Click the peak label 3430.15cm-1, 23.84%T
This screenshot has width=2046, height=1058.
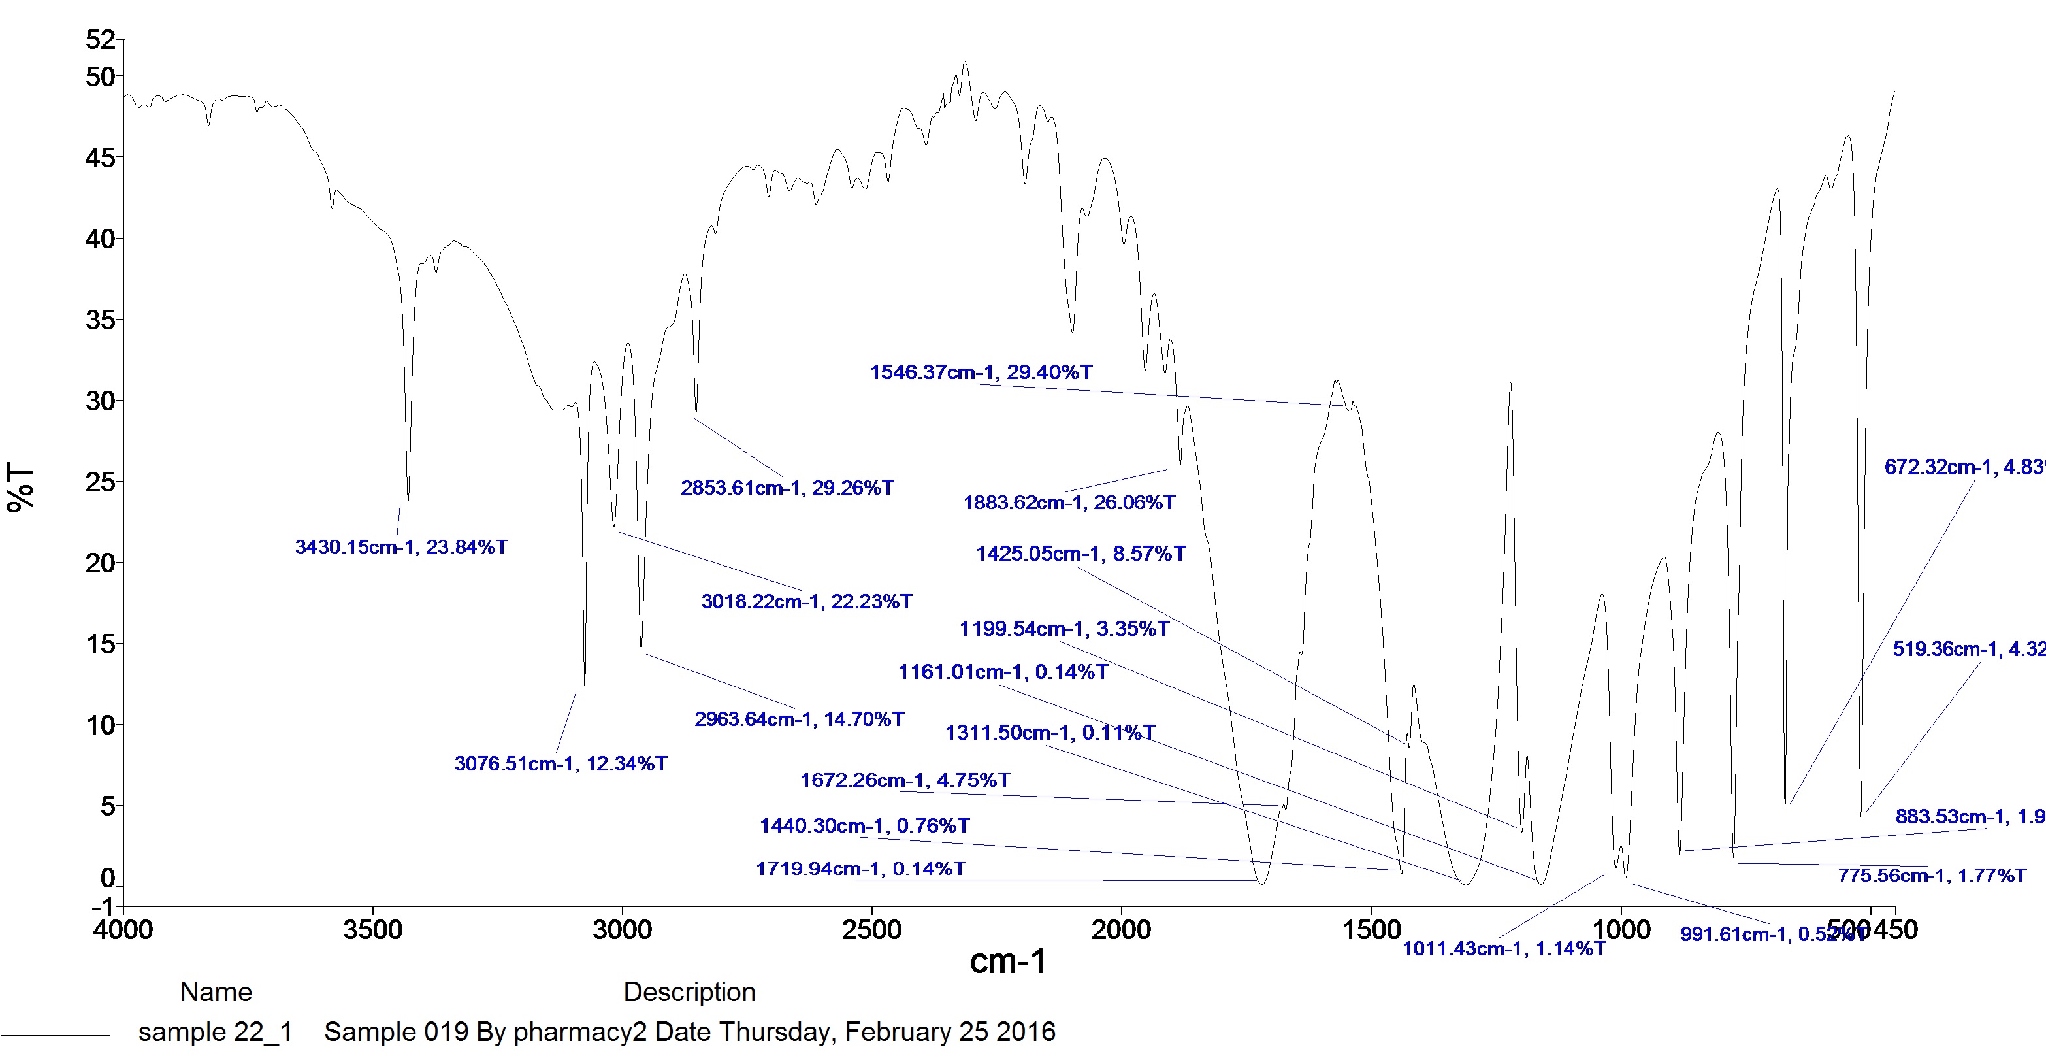click(401, 547)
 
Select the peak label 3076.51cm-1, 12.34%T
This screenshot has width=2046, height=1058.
click(560, 764)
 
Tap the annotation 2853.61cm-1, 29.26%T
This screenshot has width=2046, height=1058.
click(787, 488)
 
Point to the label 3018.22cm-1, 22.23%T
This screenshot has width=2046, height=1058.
click(806, 602)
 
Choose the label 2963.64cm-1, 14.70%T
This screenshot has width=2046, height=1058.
click(799, 719)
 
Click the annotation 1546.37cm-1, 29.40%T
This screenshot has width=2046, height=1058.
click(981, 372)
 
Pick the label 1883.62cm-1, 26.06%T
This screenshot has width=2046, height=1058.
click(1069, 503)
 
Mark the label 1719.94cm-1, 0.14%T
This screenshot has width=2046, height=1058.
click(861, 869)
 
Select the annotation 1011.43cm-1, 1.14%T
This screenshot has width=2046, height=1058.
click(1504, 949)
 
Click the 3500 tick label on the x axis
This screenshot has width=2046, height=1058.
click(372, 930)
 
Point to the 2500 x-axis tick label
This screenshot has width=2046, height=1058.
click(871, 930)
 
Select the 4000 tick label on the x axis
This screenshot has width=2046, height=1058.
click(123, 930)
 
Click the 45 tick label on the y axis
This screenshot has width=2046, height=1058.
click(100, 158)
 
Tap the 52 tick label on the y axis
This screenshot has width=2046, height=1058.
click(100, 40)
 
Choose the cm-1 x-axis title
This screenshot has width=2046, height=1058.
click(1008, 962)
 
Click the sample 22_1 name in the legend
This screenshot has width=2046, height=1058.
click(215, 1033)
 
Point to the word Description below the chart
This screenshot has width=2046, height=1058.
click(689, 992)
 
